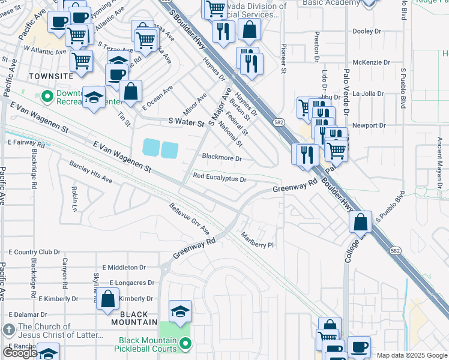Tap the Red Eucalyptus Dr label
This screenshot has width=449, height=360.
220,178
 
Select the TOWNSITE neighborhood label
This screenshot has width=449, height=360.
50,76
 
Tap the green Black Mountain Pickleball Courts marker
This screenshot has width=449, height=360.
185,344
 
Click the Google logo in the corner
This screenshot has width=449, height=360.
21,353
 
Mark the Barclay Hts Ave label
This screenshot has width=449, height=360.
91,172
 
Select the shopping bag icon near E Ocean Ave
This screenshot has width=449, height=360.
130,91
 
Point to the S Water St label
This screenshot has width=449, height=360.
187,122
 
